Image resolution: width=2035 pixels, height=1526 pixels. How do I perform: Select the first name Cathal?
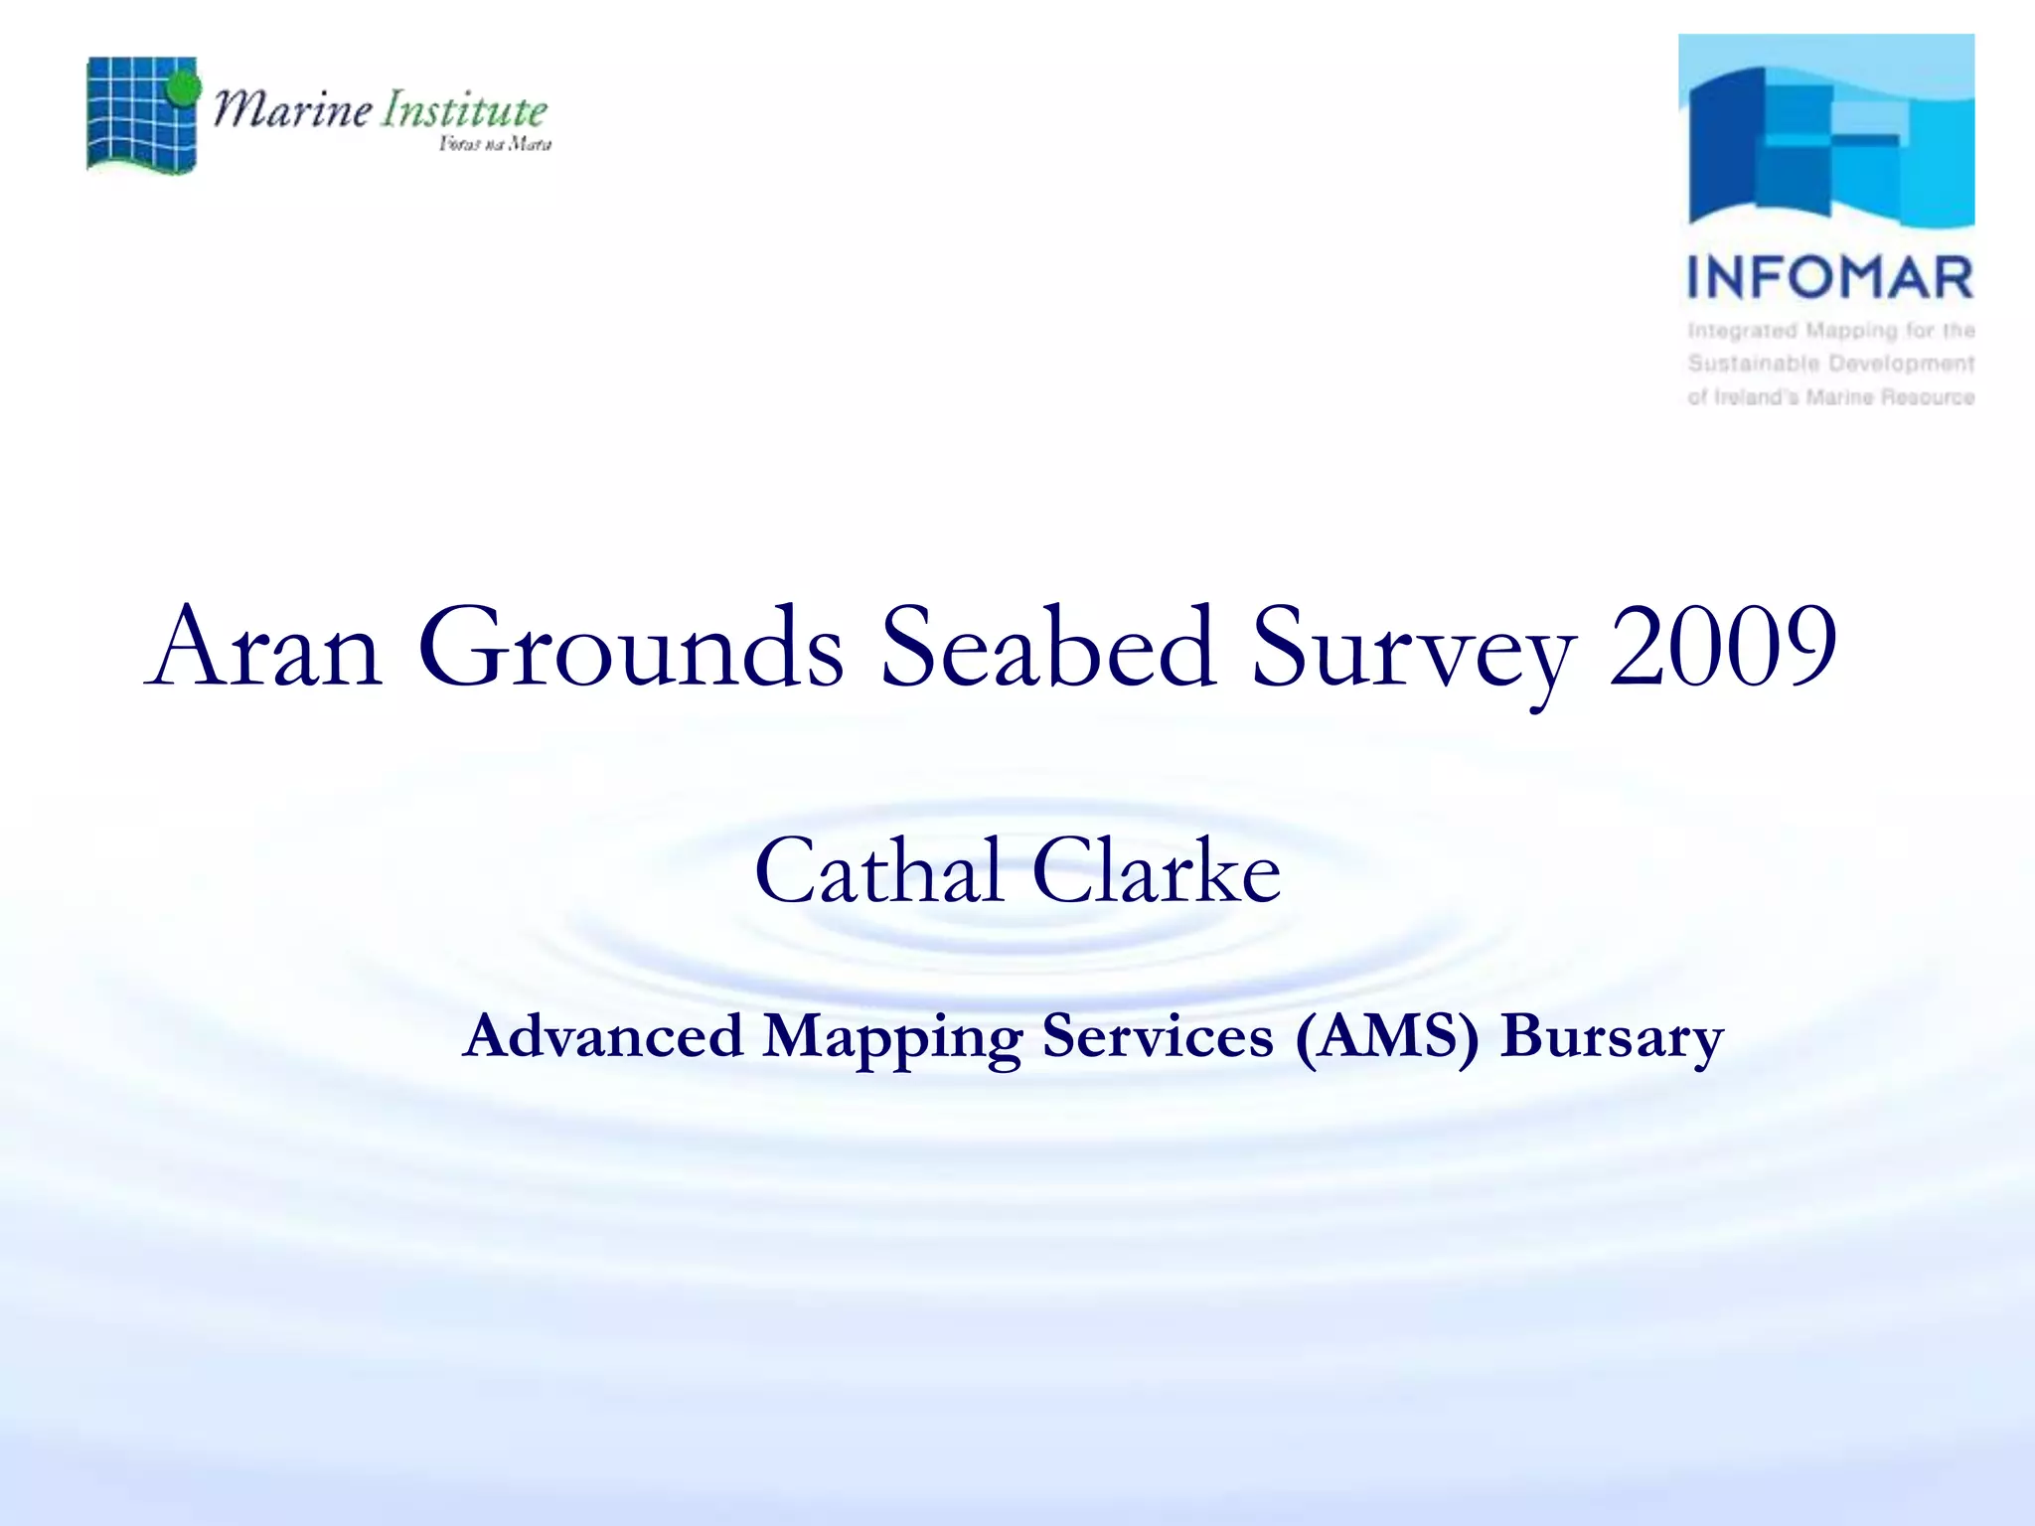click(878, 871)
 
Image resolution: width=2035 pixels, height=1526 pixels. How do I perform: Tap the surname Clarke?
click(1157, 871)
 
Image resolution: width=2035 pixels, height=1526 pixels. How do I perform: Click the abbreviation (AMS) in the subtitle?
click(1387, 1037)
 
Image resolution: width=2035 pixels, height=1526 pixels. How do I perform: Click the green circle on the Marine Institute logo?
click(183, 88)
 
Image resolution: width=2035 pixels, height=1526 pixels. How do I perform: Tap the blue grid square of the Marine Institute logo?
click(134, 117)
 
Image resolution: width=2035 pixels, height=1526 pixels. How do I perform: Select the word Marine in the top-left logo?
click(293, 108)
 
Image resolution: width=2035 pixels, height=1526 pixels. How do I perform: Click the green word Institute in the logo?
click(465, 109)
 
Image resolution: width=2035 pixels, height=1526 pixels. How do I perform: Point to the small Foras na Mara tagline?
click(495, 145)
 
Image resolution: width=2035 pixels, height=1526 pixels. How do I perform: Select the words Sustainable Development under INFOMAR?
click(1830, 364)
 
